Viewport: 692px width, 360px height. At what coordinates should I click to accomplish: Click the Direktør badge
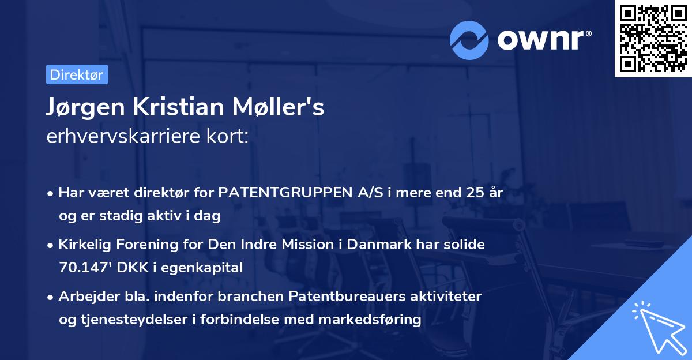pos(77,75)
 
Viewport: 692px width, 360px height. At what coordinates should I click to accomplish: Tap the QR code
pos(653,39)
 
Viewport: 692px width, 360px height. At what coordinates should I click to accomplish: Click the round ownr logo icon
pos(469,40)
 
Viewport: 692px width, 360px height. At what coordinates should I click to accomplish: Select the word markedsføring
pos(374,319)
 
